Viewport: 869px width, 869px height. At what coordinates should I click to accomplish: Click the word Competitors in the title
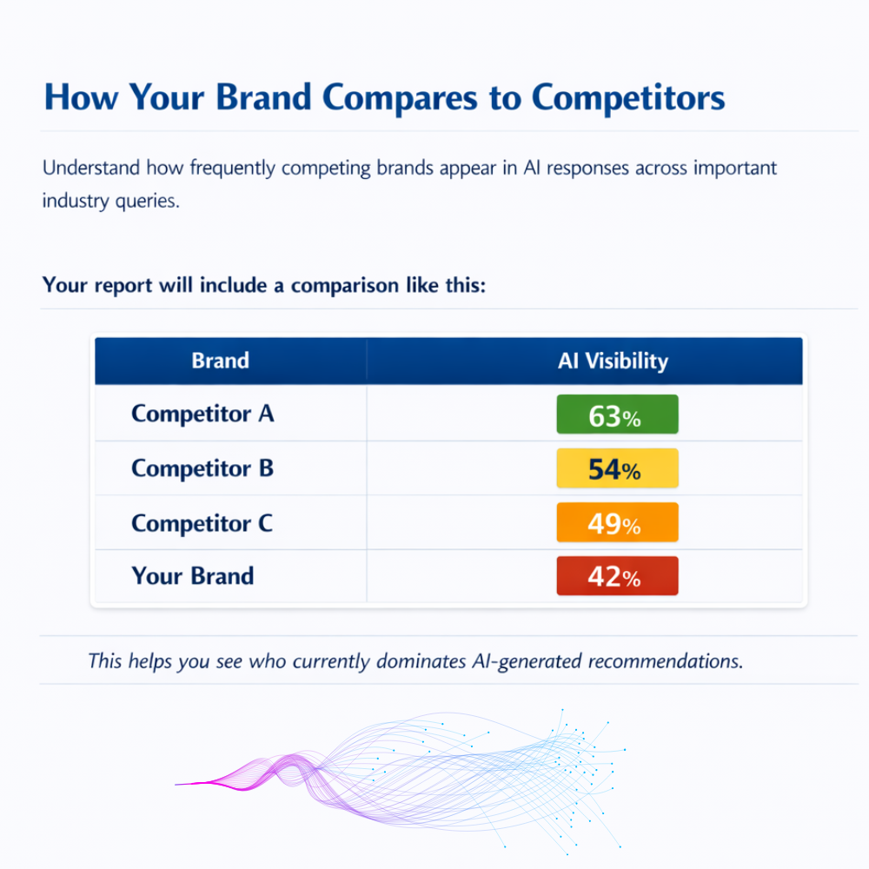point(627,97)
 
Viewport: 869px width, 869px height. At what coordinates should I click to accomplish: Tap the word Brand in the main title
point(263,97)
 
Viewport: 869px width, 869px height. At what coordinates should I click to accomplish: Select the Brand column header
point(220,361)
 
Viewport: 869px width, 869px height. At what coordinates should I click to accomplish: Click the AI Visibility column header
point(613,361)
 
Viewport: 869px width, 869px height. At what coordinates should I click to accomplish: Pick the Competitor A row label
point(202,414)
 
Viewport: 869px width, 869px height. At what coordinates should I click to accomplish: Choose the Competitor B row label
point(202,468)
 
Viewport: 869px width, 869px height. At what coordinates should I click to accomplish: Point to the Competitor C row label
point(202,523)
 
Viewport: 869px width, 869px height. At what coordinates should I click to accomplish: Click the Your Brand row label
point(192,575)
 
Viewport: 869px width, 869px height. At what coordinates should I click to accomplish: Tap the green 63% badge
point(617,415)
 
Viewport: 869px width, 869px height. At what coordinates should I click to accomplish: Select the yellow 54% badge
point(617,469)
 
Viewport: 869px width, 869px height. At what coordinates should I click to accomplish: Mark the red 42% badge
point(617,577)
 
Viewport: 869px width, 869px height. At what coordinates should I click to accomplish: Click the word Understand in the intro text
point(92,168)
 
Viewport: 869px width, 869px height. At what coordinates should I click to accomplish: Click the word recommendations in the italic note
point(665,660)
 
